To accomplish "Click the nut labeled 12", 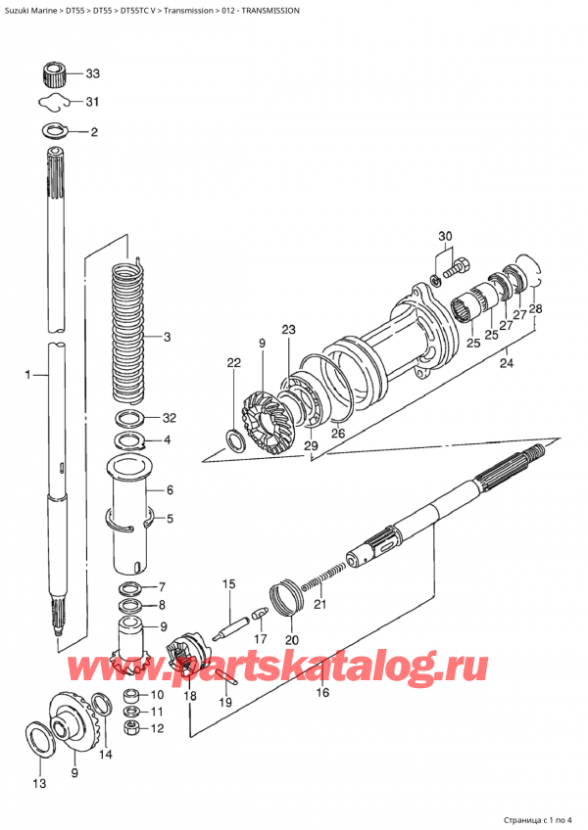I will [x=129, y=727].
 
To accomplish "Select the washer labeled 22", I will [x=236, y=438].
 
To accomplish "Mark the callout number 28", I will [x=535, y=311].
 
